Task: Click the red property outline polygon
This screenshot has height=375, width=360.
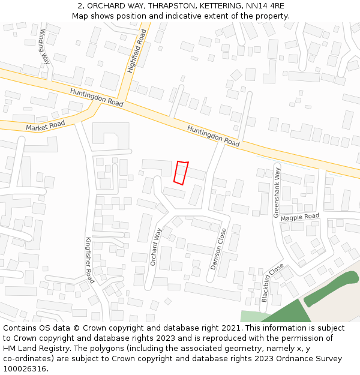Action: (181, 172)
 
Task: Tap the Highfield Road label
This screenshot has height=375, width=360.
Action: (137, 52)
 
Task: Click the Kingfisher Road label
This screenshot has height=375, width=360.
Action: (89, 260)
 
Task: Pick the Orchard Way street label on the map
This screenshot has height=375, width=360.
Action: (157, 247)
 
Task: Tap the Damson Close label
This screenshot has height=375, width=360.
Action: (218, 248)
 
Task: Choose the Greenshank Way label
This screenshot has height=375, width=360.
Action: (277, 193)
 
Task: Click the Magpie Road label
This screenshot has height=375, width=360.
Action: (300, 217)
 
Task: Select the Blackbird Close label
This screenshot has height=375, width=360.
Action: (272, 281)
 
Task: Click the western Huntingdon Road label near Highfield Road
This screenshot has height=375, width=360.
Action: (97, 97)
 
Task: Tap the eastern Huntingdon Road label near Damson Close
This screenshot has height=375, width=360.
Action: (213, 136)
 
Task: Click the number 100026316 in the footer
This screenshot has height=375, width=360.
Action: (25, 369)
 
